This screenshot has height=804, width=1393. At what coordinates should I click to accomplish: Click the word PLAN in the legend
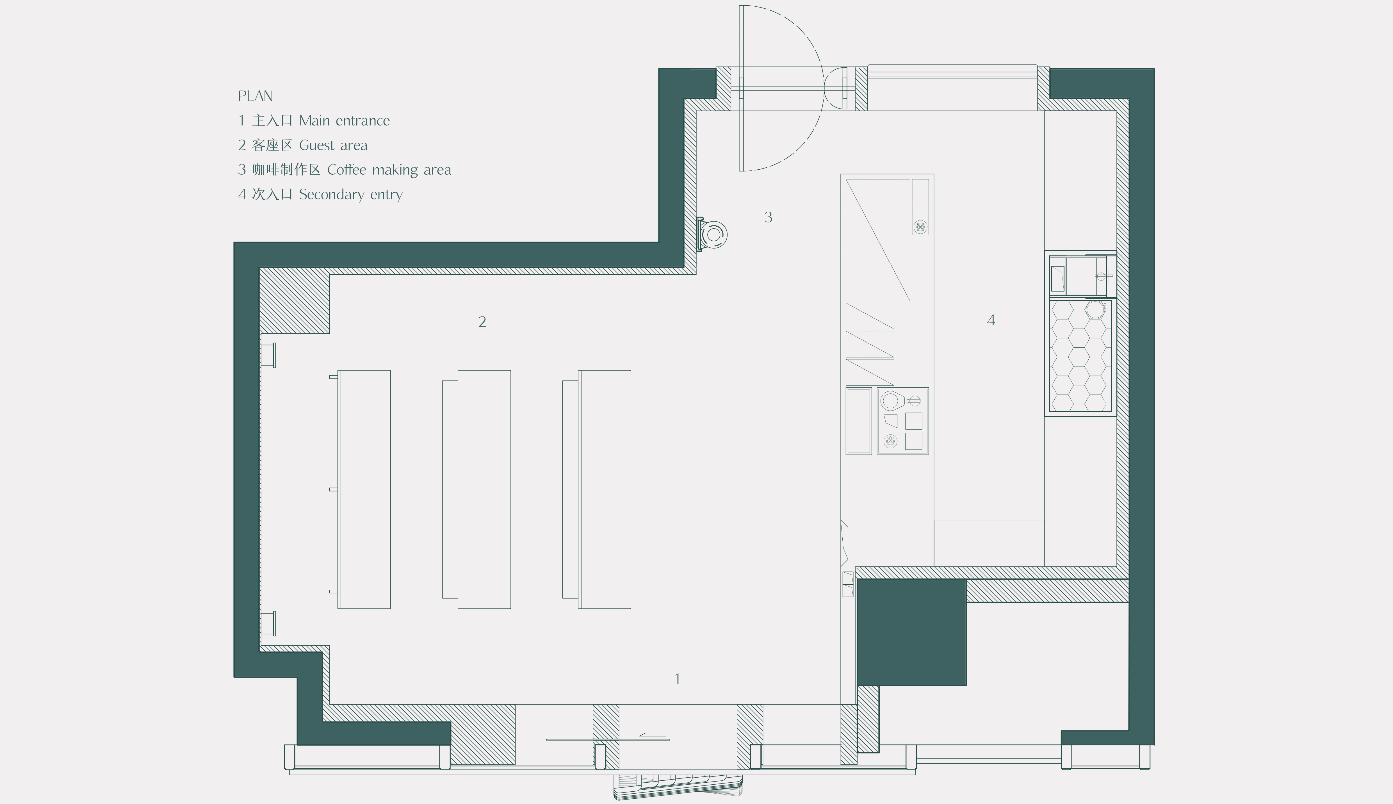click(x=255, y=96)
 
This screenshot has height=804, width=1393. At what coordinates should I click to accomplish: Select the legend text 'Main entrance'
click(x=345, y=120)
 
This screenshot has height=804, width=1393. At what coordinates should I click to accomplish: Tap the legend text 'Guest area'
click(x=334, y=145)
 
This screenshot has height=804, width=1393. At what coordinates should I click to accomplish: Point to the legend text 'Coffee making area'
click(x=389, y=170)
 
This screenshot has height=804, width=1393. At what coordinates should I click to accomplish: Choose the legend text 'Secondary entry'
click(x=351, y=194)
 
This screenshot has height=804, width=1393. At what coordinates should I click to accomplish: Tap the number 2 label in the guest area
click(x=482, y=322)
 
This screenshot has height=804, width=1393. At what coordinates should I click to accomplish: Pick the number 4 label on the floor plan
click(x=991, y=320)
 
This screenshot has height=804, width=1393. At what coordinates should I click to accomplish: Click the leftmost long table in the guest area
click(x=364, y=489)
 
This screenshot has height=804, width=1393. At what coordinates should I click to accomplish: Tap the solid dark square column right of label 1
click(x=911, y=632)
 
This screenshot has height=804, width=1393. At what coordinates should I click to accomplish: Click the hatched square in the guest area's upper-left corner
click(x=294, y=301)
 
